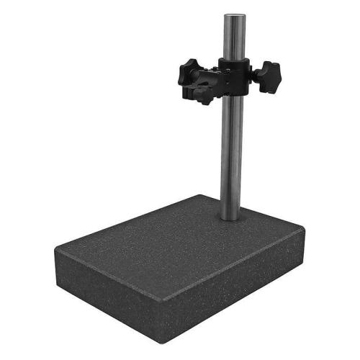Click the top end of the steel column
pos(233,16)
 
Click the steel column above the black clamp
pos(233,40)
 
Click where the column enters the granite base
pos(230,217)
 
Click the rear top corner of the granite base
pos(203,195)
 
